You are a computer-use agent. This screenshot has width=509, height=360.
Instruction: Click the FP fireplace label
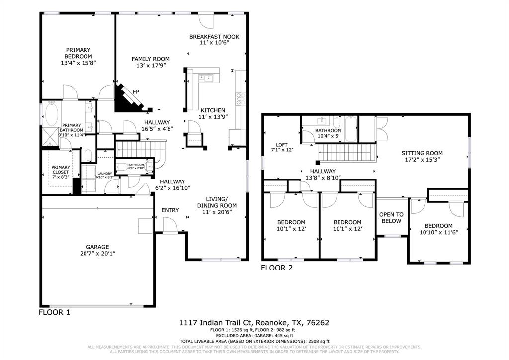coord(136,91)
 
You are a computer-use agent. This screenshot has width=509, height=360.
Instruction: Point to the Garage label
coord(97,247)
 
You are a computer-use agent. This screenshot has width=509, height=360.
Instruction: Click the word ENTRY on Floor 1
coord(170,210)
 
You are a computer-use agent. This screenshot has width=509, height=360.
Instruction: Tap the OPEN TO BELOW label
coord(391,218)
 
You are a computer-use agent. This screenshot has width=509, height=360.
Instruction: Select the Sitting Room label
coord(422,153)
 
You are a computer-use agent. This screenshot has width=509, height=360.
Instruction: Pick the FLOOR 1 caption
coord(54,312)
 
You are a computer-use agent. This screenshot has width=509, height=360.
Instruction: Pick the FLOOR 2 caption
coord(277,268)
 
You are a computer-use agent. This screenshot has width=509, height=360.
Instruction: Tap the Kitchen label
coord(213,110)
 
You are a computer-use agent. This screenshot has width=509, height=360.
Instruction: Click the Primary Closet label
coord(61,169)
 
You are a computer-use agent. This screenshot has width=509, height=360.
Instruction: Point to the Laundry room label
coord(105,174)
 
